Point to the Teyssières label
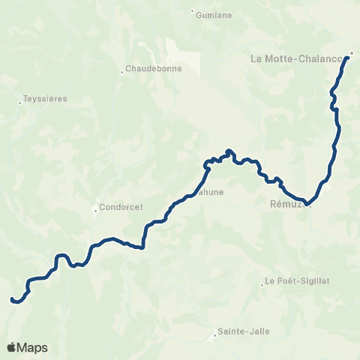(45, 98)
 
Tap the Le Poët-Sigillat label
(298, 282)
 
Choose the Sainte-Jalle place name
(243, 331)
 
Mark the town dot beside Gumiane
(193, 11)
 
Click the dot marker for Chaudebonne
(121, 72)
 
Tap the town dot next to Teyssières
(19, 103)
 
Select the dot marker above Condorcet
(95, 210)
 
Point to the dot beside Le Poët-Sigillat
(262, 283)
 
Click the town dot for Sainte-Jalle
(214, 335)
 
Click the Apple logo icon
(12, 347)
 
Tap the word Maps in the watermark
(33, 347)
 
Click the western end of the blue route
(12, 299)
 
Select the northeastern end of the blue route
(349, 56)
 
